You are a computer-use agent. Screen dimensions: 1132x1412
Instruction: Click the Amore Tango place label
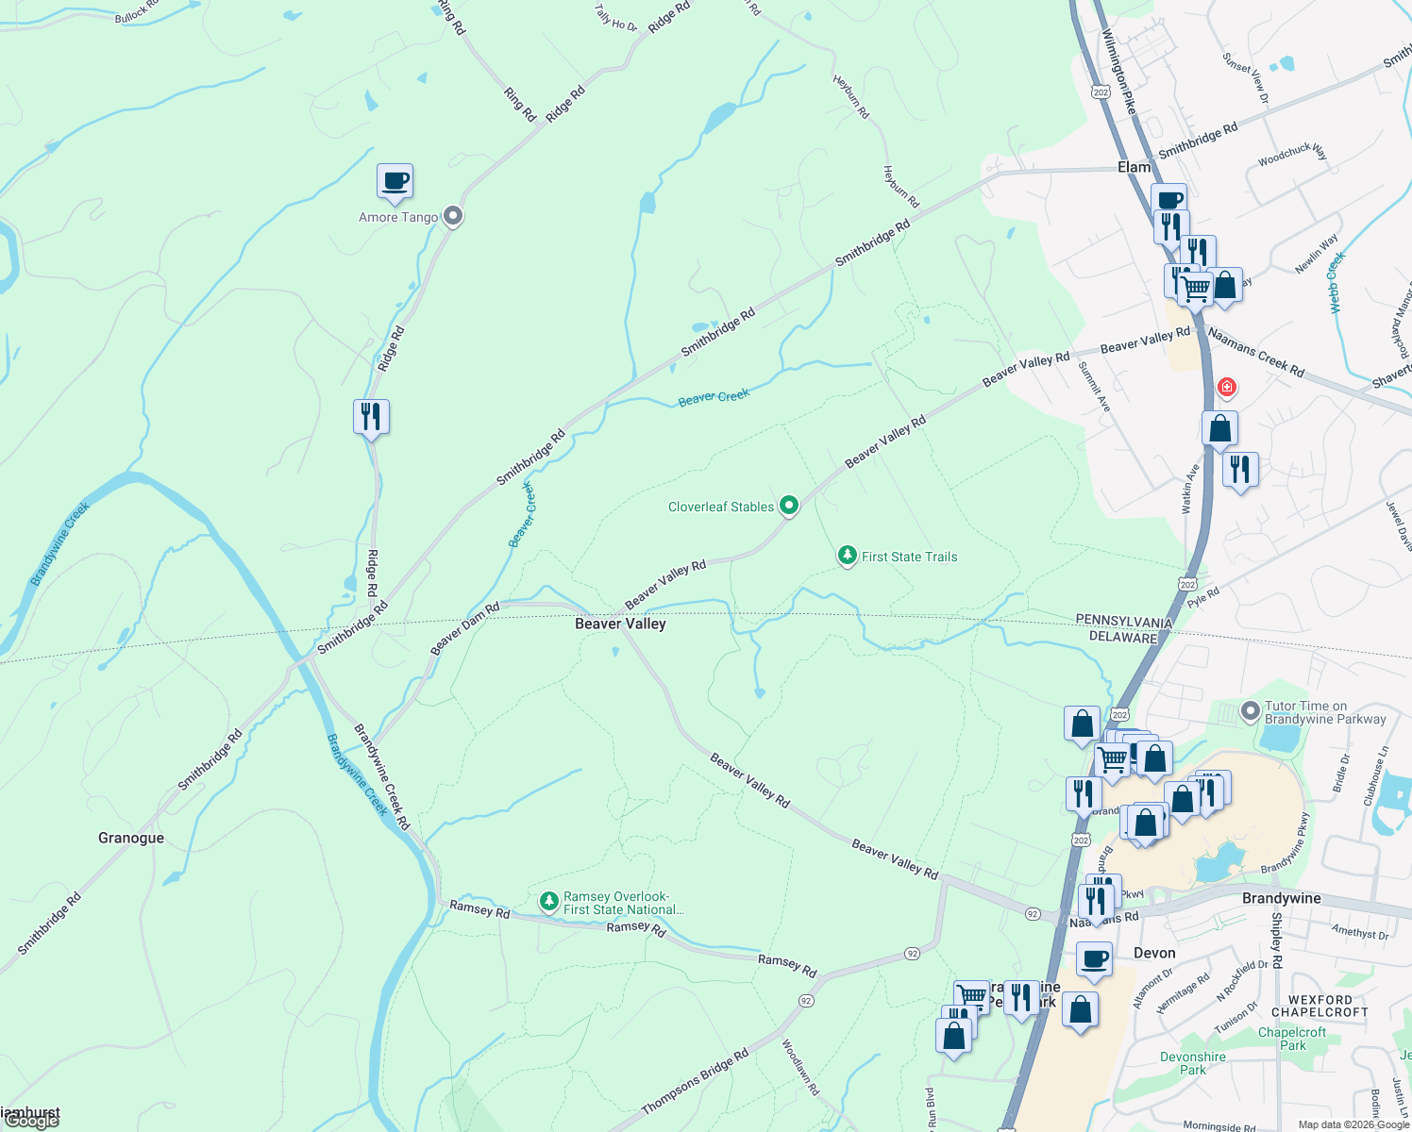[398, 217]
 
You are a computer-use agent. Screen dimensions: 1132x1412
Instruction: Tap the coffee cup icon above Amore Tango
[395, 180]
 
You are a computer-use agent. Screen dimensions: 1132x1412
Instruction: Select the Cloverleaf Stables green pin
[789, 506]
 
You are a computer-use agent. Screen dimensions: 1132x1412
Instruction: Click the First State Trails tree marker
[848, 556]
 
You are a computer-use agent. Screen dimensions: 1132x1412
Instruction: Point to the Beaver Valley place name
[620, 624]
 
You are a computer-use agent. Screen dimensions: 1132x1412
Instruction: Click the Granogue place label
[131, 838]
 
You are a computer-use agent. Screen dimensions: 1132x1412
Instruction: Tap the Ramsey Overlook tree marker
[548, 902]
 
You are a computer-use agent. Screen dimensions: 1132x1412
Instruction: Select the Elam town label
[1134, 167]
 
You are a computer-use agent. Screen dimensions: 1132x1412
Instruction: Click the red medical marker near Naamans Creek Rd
[1226, 387]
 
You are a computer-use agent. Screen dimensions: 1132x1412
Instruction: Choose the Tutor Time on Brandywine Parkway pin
[1251, 711]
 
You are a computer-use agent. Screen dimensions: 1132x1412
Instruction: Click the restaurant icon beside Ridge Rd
[371, 416]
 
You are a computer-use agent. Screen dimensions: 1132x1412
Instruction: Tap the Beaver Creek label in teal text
[714, 397]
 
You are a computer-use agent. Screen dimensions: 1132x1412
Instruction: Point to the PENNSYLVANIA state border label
[1123, 622]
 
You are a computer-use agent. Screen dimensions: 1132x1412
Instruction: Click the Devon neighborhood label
[1154, 953]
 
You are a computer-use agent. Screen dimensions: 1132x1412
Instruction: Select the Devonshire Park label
[1192, 1063]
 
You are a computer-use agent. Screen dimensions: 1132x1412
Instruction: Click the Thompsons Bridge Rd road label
[695, 1081]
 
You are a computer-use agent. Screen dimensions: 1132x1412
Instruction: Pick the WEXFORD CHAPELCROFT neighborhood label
[1320, 1006]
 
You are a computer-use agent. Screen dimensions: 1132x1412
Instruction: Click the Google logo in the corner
[32, 1121]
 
